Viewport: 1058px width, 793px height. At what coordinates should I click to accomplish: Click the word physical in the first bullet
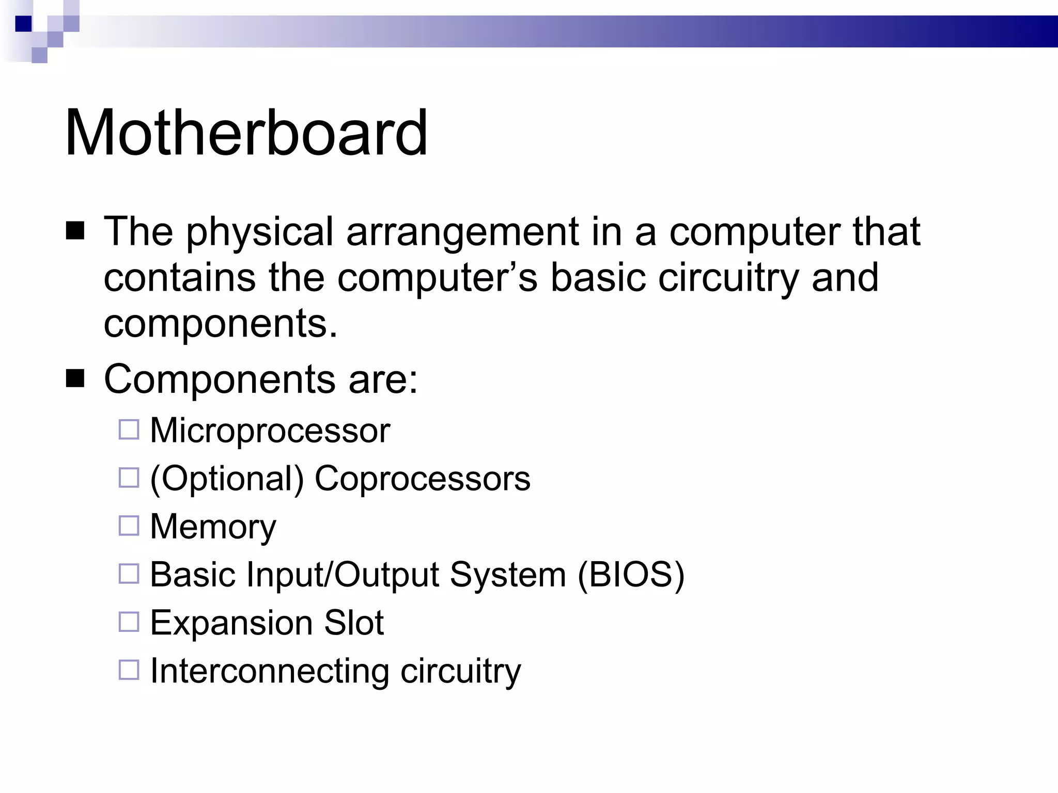click(260, 232)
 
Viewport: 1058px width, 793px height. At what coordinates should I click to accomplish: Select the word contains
click(179, 277)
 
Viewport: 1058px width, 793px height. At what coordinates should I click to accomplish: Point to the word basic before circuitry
click(598, 277)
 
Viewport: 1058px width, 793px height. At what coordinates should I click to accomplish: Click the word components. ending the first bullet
click(221, 324)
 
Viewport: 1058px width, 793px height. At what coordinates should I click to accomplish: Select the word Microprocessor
click(270, 430)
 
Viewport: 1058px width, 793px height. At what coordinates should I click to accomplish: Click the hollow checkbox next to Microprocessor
click(129, 429)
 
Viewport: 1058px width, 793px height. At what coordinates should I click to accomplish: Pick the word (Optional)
click(227, 479)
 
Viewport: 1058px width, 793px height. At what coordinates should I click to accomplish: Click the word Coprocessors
click(422, 479)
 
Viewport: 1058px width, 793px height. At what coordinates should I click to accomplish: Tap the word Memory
click(213, 527)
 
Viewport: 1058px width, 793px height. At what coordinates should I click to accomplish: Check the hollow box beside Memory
click(129, 526)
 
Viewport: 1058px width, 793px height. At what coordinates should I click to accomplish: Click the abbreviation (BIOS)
click(631, 574)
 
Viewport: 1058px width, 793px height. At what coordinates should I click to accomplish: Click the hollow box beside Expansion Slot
click(129, 622)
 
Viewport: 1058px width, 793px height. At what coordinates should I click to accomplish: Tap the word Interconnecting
click(269, 671)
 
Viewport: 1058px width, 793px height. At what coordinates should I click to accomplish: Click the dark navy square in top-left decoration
click(23, 24)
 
